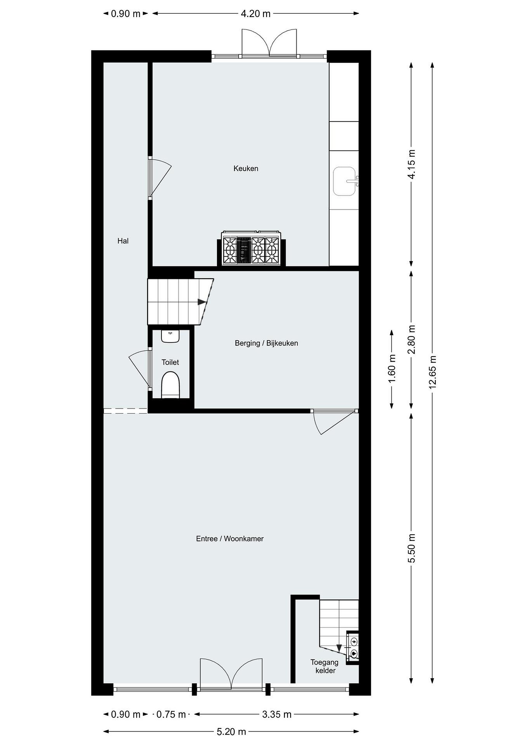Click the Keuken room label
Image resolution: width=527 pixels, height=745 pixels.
pos(246,168)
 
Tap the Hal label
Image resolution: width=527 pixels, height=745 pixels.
pos(123,241)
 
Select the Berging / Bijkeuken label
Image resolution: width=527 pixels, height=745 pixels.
pos(266,343)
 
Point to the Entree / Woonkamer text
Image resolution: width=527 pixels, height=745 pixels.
pos(230,539)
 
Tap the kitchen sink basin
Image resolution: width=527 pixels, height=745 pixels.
pos(344,181)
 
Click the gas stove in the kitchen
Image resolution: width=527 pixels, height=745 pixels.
pos(251,249)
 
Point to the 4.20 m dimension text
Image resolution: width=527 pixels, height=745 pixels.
pos(256,14)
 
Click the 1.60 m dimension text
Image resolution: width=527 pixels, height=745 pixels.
pos(392,369)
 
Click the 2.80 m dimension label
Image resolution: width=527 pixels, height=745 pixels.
pos(411,340)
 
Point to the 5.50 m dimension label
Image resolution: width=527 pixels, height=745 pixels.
pos(411,548)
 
